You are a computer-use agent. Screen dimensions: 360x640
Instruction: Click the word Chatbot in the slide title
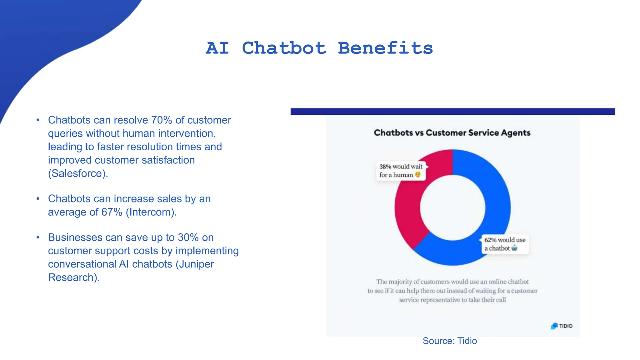pyautogui.click(x=284, y=48)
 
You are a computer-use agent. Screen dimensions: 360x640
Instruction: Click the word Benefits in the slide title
pyautogui.click(x=385, y=48)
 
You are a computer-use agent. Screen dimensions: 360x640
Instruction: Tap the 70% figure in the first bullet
pyautogui.click(x=162, y=120)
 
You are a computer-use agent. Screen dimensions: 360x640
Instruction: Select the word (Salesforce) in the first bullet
pyautogui.click(x=77, y=173)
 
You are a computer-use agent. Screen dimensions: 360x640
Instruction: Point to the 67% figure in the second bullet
pyautogui.click(x=112, y=212)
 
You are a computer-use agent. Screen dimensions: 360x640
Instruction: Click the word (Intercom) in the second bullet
pyautogui.click(x=151, y=212)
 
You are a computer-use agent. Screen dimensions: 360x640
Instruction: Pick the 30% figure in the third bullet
pyautogui.click(x=188, y=237)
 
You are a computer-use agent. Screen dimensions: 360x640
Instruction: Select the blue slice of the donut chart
pyautogui.click(x=497, y=200)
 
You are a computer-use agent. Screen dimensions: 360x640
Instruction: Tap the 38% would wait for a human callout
pyautogui.click(x=401, y=171)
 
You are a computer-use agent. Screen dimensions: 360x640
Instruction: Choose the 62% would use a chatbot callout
pyautogui.click(x=505, y=244)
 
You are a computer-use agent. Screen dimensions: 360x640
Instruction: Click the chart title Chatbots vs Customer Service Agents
pyautogui.click(x=452, y=133)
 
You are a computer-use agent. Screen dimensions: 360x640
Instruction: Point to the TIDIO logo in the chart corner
pyautogui.click(x=562, y=326)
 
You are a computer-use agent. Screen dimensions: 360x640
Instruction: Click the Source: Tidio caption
pyautogui.click(x=449, y=341)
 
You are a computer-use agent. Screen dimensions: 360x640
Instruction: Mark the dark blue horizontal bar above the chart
pyautogui.click(x=452, y=112)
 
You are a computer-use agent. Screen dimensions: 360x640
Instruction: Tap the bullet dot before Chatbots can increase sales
pyautogui.click(x=38, y=199)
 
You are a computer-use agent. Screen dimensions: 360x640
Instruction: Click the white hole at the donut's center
pyautogui.click(x=452, y=207)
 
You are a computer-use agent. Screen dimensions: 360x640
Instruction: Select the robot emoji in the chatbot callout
pyautogui.click(x=514, y=248)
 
